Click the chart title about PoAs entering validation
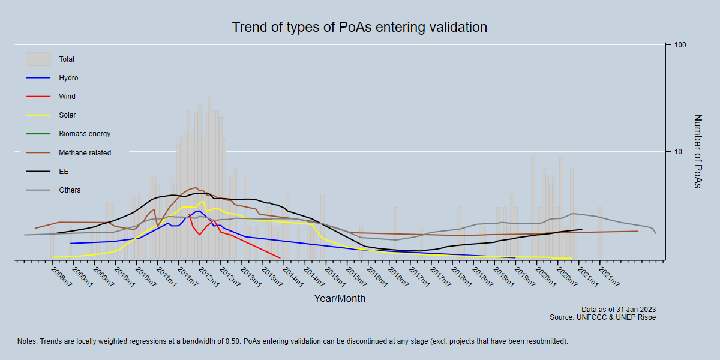[x=359, y=28]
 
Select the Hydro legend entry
[x=68, y=78]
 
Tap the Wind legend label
[x=67, y=97]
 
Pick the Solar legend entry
[x=67, y=115]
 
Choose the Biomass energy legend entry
[x=85, y=134]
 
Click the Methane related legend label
[x=85, y=153]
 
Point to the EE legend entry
[x=63, y=172]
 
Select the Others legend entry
[x=70, y=190]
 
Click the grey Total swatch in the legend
[x=38, y=59]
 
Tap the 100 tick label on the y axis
[x=680, y=46]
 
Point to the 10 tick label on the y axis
[x=678, y=152]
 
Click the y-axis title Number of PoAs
[x=697, y=151]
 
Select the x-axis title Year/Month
[x=340, y=298]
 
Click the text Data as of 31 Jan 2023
[x=619, y=310]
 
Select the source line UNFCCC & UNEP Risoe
[x=602, y=317]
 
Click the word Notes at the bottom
[x=28, y=341]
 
